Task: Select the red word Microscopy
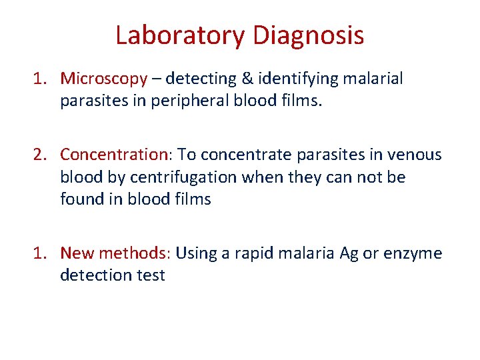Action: tap(103, 79)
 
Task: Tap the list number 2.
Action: tap(41, 155)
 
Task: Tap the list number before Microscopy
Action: tap(41, 79)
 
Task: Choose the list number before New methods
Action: tap(41, 253)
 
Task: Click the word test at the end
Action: tap(151, 275)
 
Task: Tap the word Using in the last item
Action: tap(199, 254)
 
